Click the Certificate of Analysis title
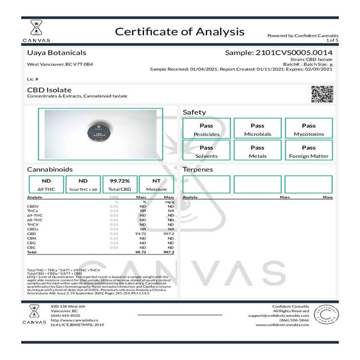179,31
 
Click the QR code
321,95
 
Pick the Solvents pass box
206,151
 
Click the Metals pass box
257,151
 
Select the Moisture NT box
155,184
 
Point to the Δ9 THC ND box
46,184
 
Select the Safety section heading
194,112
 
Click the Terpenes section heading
198,170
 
